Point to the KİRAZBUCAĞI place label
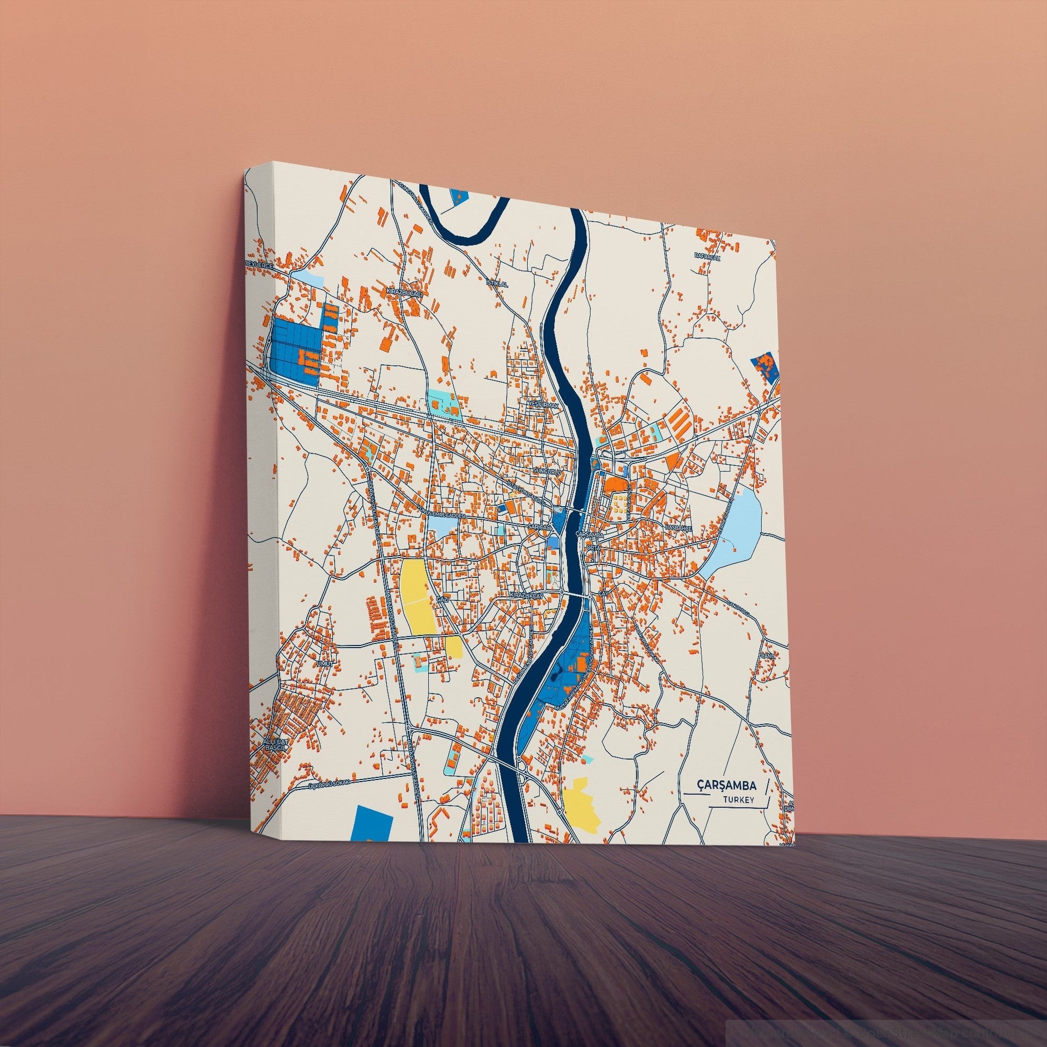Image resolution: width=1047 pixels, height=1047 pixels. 404,292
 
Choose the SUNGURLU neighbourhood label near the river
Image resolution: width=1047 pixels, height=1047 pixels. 546,471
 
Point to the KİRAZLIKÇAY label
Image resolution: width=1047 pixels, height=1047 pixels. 527,596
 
